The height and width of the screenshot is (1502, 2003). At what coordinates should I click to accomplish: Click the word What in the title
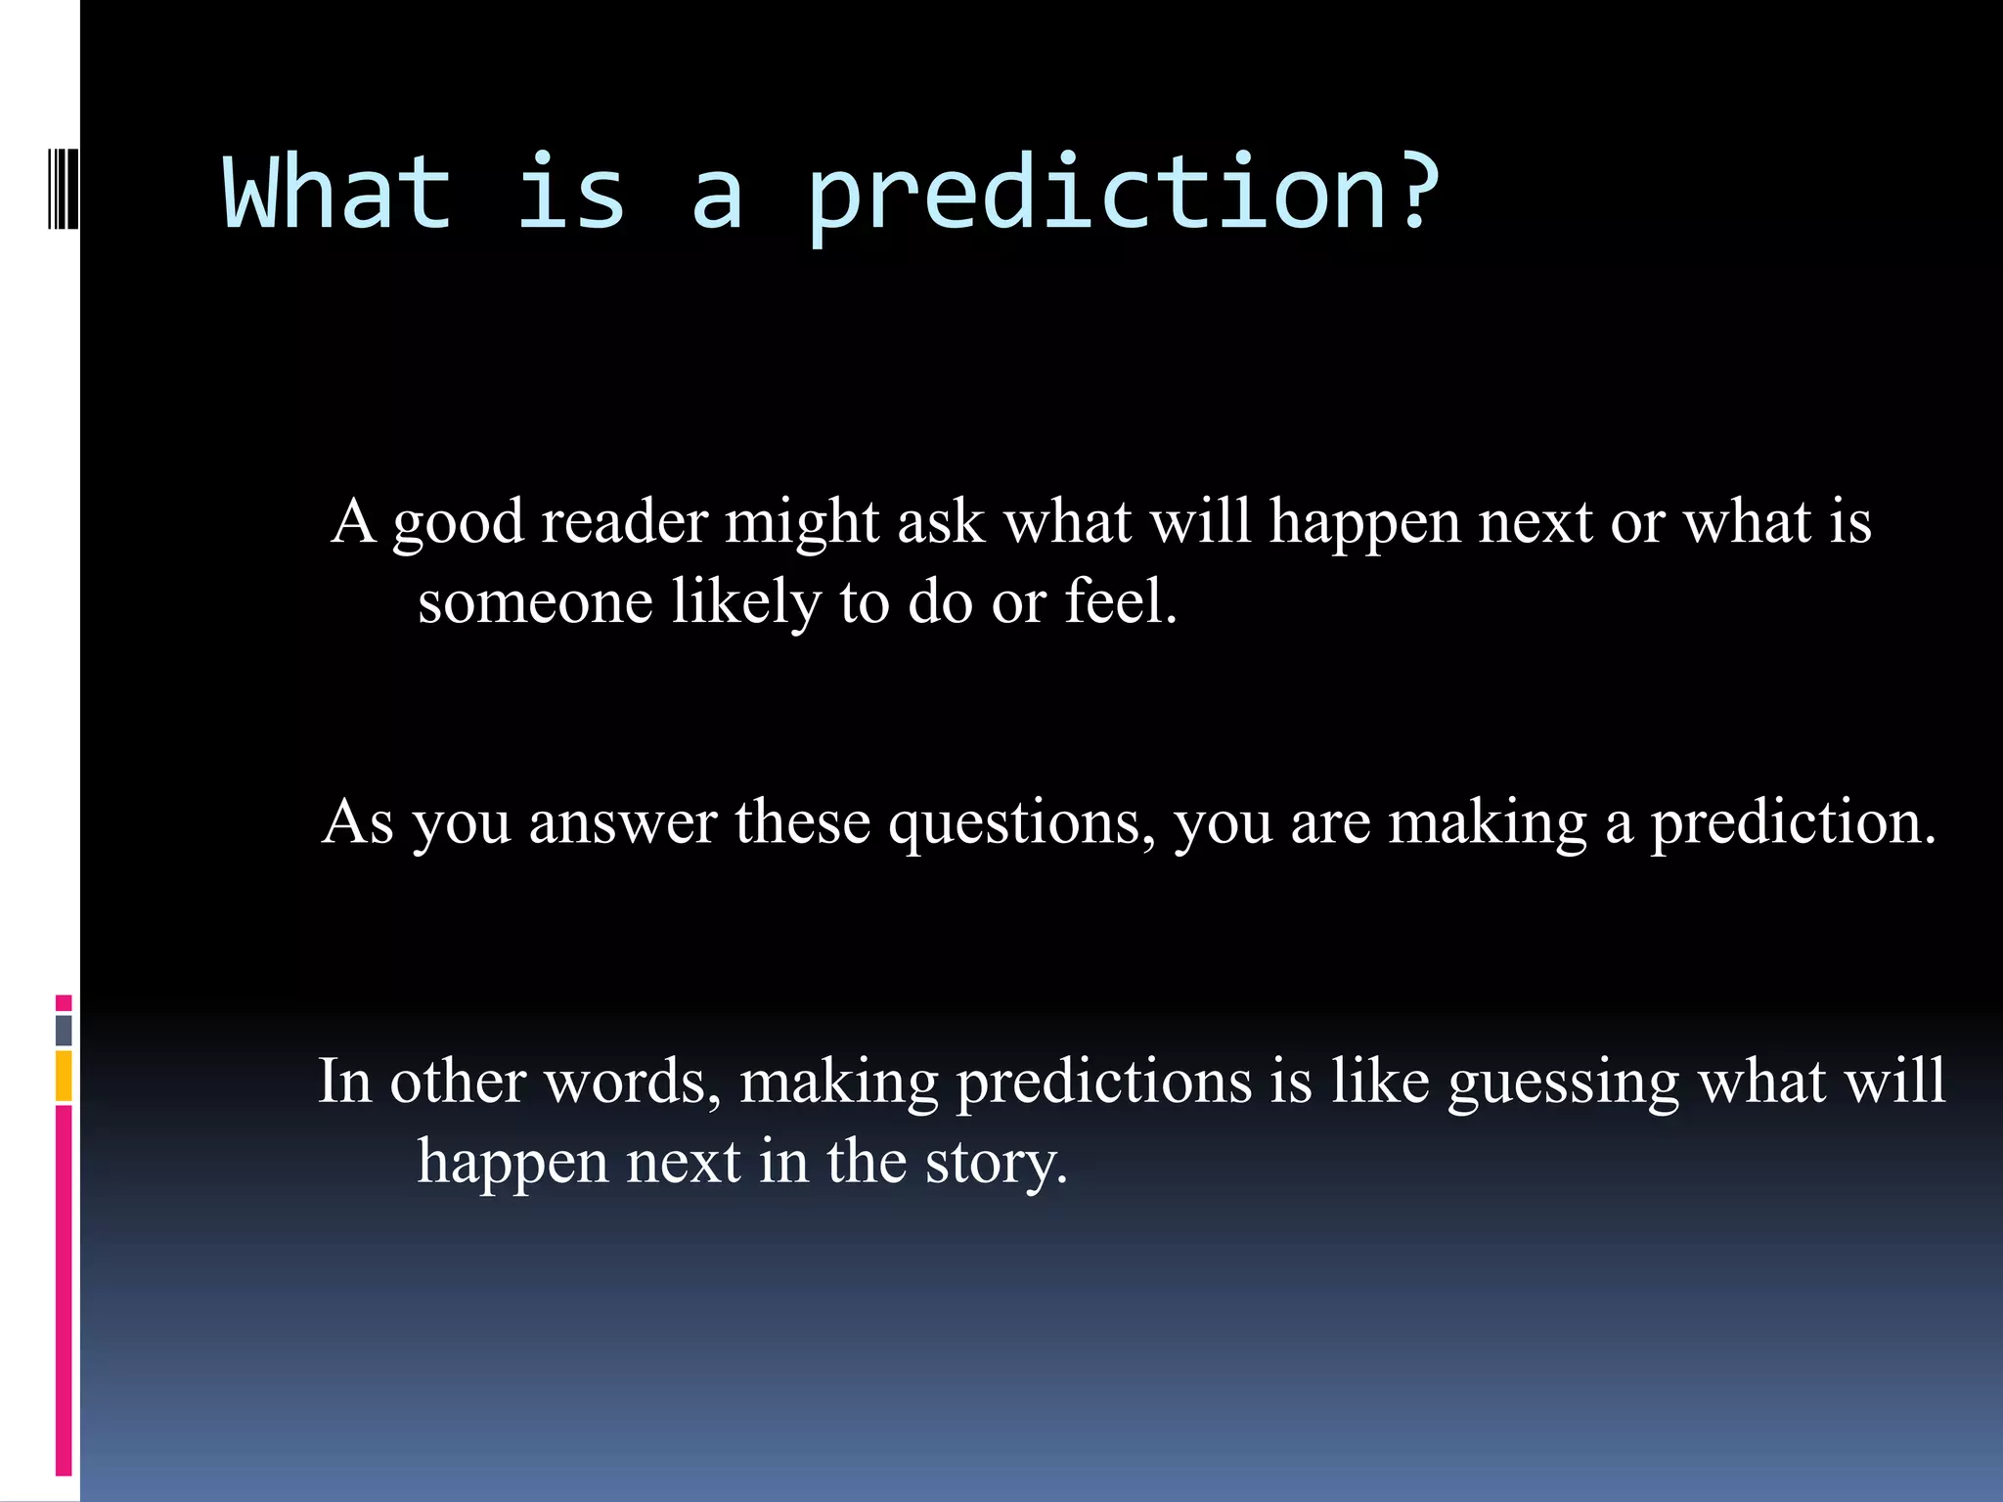coord(337,193)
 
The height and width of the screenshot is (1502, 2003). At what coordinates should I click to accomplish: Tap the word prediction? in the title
coord(1123,196)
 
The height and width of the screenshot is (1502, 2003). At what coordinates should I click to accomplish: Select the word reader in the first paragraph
coord(624,521)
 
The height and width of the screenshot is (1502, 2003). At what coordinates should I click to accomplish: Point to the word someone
coord(535,601)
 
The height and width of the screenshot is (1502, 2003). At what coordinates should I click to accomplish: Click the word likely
coord(746,603)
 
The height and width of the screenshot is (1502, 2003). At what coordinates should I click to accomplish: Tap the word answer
coord(623,823)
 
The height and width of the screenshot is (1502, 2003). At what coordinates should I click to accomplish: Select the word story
coord(997,1165)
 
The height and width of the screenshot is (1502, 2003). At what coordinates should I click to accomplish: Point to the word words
coord(633,1082)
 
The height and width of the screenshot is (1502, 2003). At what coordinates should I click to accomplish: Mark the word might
coord(802,523)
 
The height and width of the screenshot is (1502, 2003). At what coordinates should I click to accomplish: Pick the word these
coord(802,822)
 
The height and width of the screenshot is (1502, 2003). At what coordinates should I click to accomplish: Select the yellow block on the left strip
coord(64,1076)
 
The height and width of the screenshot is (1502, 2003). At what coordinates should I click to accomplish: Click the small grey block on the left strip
coord(64,1031)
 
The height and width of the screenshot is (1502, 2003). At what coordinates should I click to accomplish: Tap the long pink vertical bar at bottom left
coord(64,1291)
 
